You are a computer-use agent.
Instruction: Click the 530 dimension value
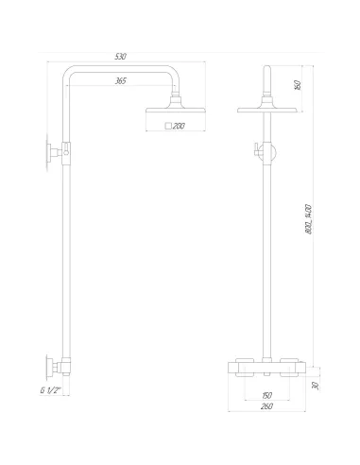[x=120, y=57]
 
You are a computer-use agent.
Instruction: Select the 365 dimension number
[x=120, y=81]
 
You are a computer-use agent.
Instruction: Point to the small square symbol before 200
[x=167, y=125]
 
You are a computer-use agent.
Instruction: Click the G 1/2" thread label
[x=52, y=389]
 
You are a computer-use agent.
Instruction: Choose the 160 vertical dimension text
[x=298, y=85]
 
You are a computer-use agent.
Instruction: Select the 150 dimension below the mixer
[x=267, y=395]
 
